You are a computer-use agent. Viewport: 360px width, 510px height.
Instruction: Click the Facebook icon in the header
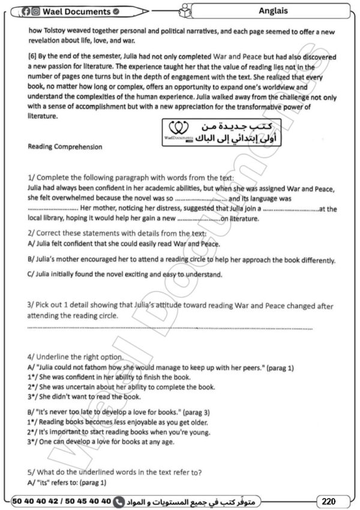coord(26,11)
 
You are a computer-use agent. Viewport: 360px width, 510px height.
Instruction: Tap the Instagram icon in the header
coord(36,11)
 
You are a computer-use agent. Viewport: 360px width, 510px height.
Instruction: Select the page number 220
coord(328,501)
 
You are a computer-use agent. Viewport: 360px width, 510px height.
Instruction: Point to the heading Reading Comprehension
coord(65,146)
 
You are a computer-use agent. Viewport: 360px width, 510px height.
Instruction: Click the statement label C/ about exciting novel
coord(32,275)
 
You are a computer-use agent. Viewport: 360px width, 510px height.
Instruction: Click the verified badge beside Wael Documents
coord(115,11)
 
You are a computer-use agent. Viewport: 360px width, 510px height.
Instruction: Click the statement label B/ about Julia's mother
coord(32,260)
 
